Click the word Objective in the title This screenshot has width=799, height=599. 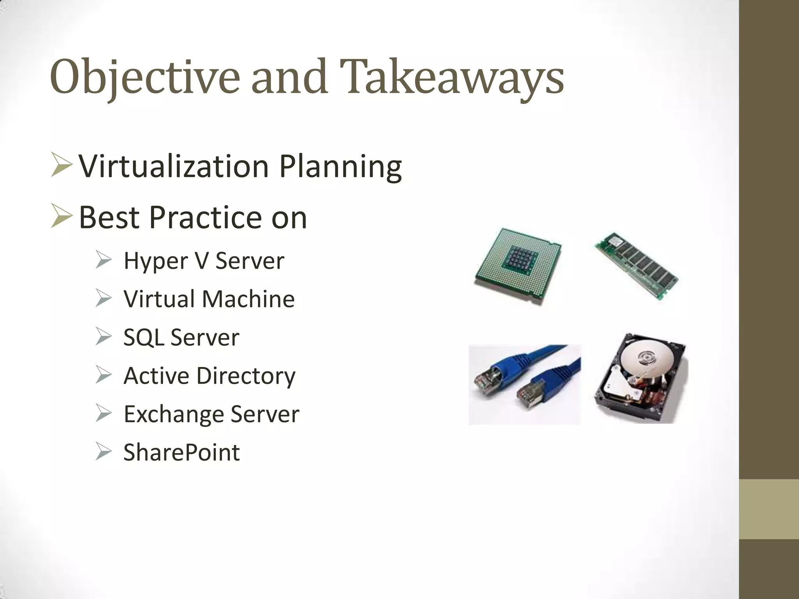pyautogui.click(x=144, y=77)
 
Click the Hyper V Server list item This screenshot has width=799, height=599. pyautogui.click(x=204, y=261)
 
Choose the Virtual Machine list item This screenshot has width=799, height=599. pyautogui.click(x=209, y=299)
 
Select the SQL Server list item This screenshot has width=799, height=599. pyautogui.click(x=181, y=337)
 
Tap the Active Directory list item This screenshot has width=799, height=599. pyautogui.click(x=210, y=376)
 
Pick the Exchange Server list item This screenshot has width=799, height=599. pyautogui.click(x=211, y=414)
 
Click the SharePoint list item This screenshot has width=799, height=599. pyautogui.click(x=182, y=452)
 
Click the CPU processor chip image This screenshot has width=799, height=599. pyautogui.click(x=518, y=266)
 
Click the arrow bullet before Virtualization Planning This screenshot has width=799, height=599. pyautogui.click(x=62, y=166)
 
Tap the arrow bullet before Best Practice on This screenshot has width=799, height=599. pyautogui.click(x=62, y=218)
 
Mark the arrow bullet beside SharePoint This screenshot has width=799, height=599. pyautogui.click(x=103, y=452)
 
